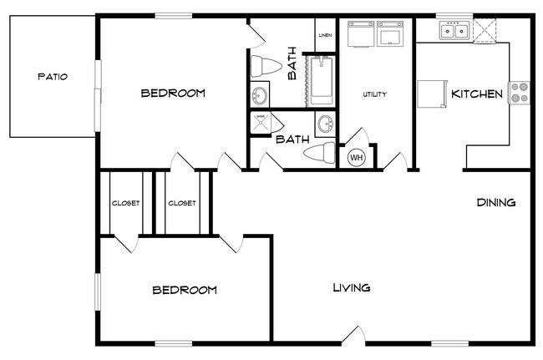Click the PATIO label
52,77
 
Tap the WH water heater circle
357,156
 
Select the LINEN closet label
325,35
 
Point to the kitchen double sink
454,32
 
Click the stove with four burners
519,92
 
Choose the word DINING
495,202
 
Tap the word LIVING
352,288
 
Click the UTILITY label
374,94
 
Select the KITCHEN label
477,94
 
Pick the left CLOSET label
125,203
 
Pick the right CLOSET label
181,203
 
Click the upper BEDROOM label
172,93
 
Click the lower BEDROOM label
184,290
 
